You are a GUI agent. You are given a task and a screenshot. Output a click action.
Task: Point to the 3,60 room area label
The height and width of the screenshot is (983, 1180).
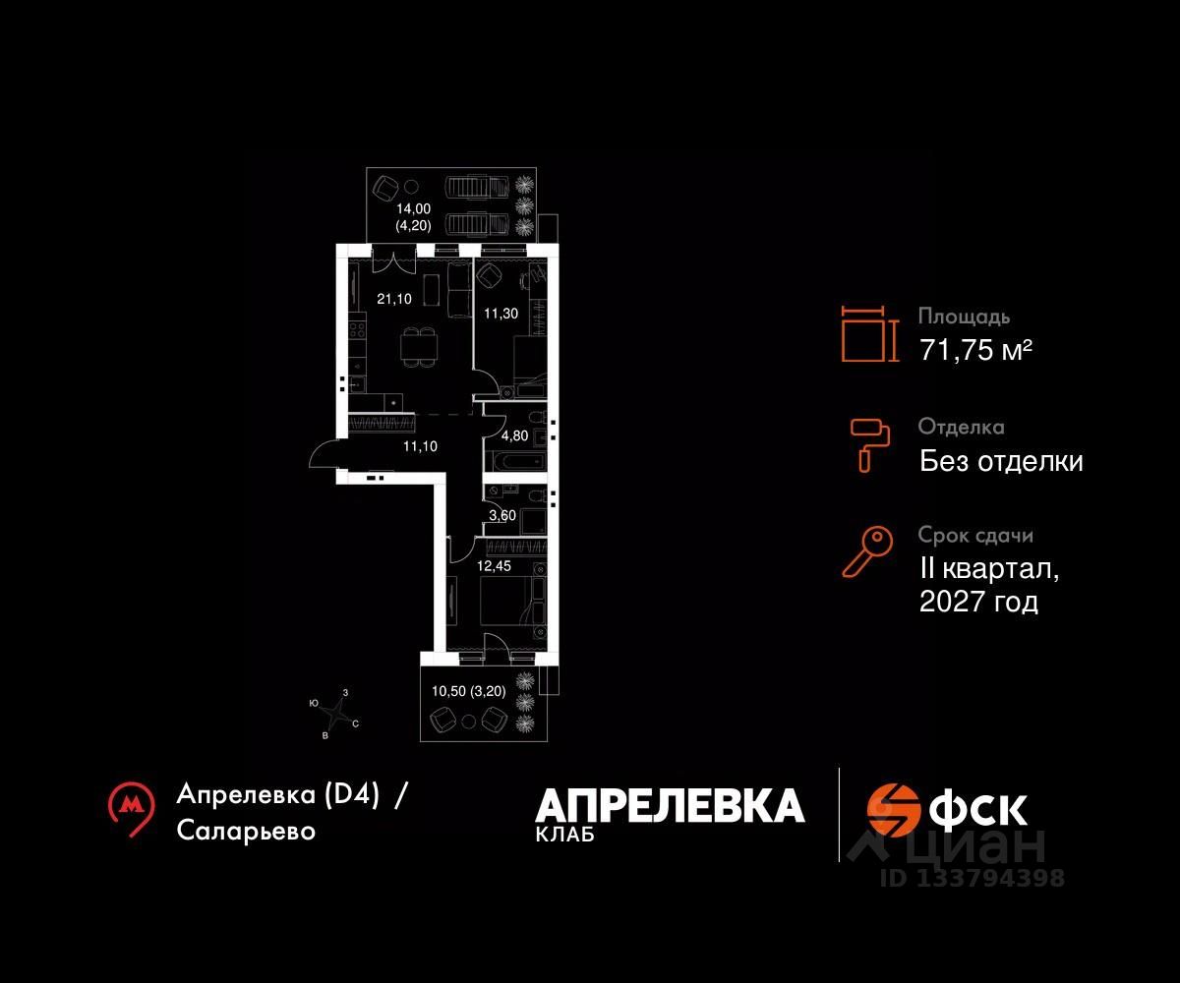[502, 514]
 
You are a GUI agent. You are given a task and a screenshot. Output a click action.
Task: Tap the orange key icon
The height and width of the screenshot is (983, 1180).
[867, 551]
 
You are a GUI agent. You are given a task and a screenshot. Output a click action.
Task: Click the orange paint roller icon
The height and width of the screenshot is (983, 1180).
[869, 442]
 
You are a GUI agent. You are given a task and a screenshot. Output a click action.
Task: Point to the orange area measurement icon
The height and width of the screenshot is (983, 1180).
[870, 334]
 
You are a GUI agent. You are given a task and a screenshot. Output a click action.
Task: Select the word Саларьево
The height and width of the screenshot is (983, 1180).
[247, 831]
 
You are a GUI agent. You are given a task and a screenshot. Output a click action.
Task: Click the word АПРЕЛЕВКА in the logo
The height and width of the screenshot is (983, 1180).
[670, 805]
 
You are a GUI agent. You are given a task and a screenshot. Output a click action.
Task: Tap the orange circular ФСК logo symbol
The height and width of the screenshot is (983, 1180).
[892, 809]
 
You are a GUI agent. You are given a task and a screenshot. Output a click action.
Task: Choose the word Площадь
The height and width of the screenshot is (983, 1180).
[964, 318]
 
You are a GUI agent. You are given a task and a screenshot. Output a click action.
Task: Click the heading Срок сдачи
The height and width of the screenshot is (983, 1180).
[975, 536]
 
